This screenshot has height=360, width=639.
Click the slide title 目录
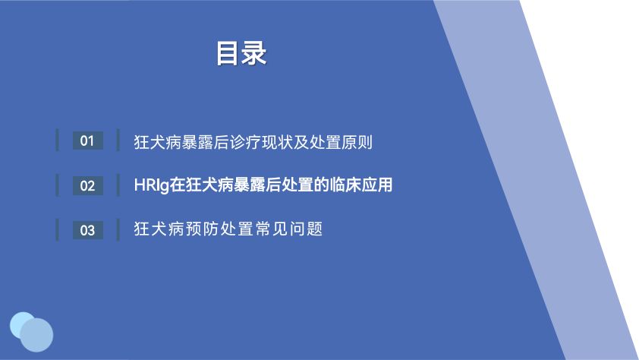pos(241,53)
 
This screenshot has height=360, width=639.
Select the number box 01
pos(87,141)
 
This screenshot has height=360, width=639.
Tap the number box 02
pos(87,185)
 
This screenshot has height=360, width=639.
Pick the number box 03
pos(87,230)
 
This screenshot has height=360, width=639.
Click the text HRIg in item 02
pos(151,185)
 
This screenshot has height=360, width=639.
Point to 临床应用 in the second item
pos(361,185)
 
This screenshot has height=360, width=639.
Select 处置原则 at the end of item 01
pos(341,142)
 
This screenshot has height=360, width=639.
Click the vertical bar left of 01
pos(57,141)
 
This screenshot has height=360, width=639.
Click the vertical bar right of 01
pos(118,141)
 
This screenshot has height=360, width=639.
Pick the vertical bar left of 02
pos(57,185)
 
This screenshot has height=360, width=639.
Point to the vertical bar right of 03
pos(118,229)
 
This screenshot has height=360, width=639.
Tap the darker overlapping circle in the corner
pos(36,335)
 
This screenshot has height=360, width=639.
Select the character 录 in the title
pos(254,53)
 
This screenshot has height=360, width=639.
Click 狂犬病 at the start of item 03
pos(158,229)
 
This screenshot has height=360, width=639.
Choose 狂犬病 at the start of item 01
pos(158,142)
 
